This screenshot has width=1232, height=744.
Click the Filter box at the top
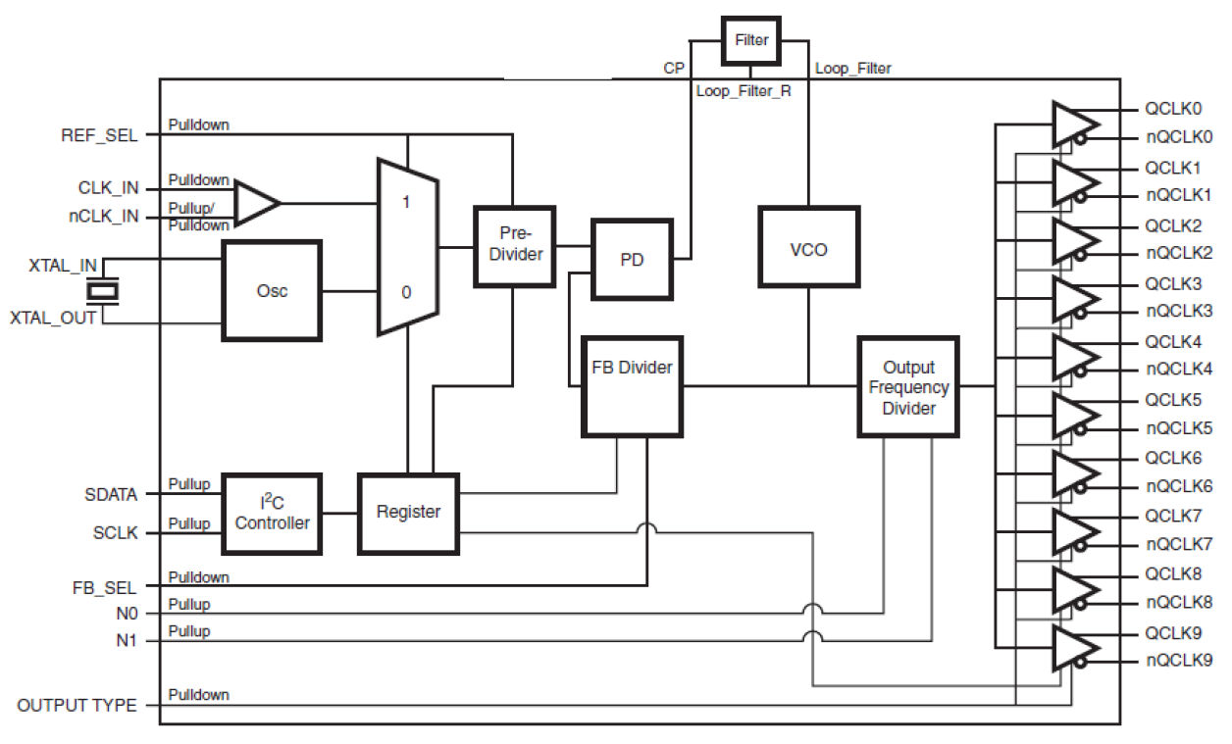click(750, 41)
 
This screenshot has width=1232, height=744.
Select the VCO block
click(808, 248)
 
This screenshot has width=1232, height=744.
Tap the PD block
click(632, 260)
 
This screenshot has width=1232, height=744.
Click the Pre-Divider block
click(514, 246)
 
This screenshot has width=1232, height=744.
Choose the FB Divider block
click(632, 386)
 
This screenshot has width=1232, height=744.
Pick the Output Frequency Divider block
click(908, 386)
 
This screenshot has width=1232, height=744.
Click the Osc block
click(272, 291)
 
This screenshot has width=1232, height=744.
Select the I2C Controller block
click(272, 514)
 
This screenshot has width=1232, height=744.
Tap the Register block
click(408, 513)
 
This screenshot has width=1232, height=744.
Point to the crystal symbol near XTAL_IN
click(103, 290)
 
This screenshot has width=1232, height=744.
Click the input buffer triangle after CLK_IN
click(255, 203)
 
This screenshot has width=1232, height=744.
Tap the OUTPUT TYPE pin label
click(77, 706)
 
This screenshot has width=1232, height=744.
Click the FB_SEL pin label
click(103, 588)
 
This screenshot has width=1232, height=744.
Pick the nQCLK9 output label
click(1179, 661)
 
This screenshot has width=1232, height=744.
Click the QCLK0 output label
click(1172, 109)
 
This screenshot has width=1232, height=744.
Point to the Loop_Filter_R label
click(743, 91)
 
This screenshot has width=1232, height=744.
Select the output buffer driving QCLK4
click(1075, 356)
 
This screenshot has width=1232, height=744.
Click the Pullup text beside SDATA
click(189, 485)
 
